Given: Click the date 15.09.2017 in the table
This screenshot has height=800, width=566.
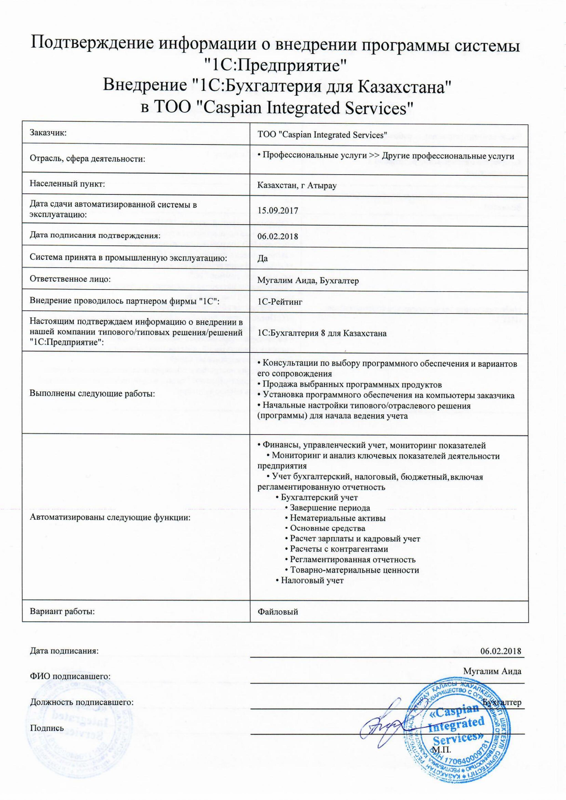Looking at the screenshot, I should click(278, 211).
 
